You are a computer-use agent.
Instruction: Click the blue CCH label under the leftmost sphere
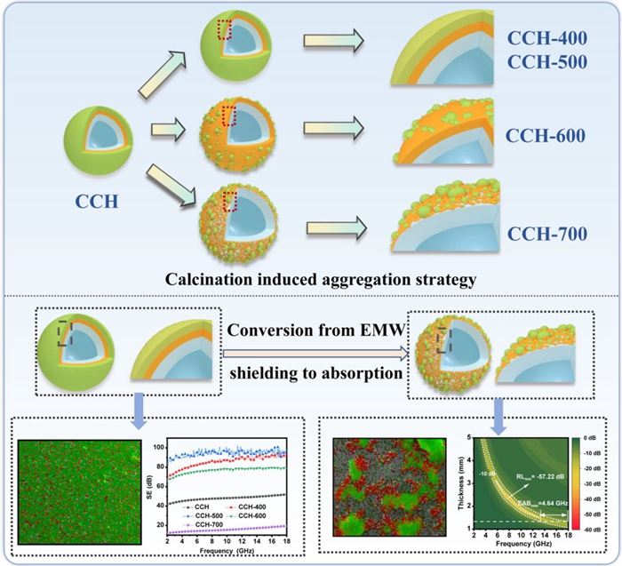(91, 203)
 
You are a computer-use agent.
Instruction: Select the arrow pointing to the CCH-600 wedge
(332, 135)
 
